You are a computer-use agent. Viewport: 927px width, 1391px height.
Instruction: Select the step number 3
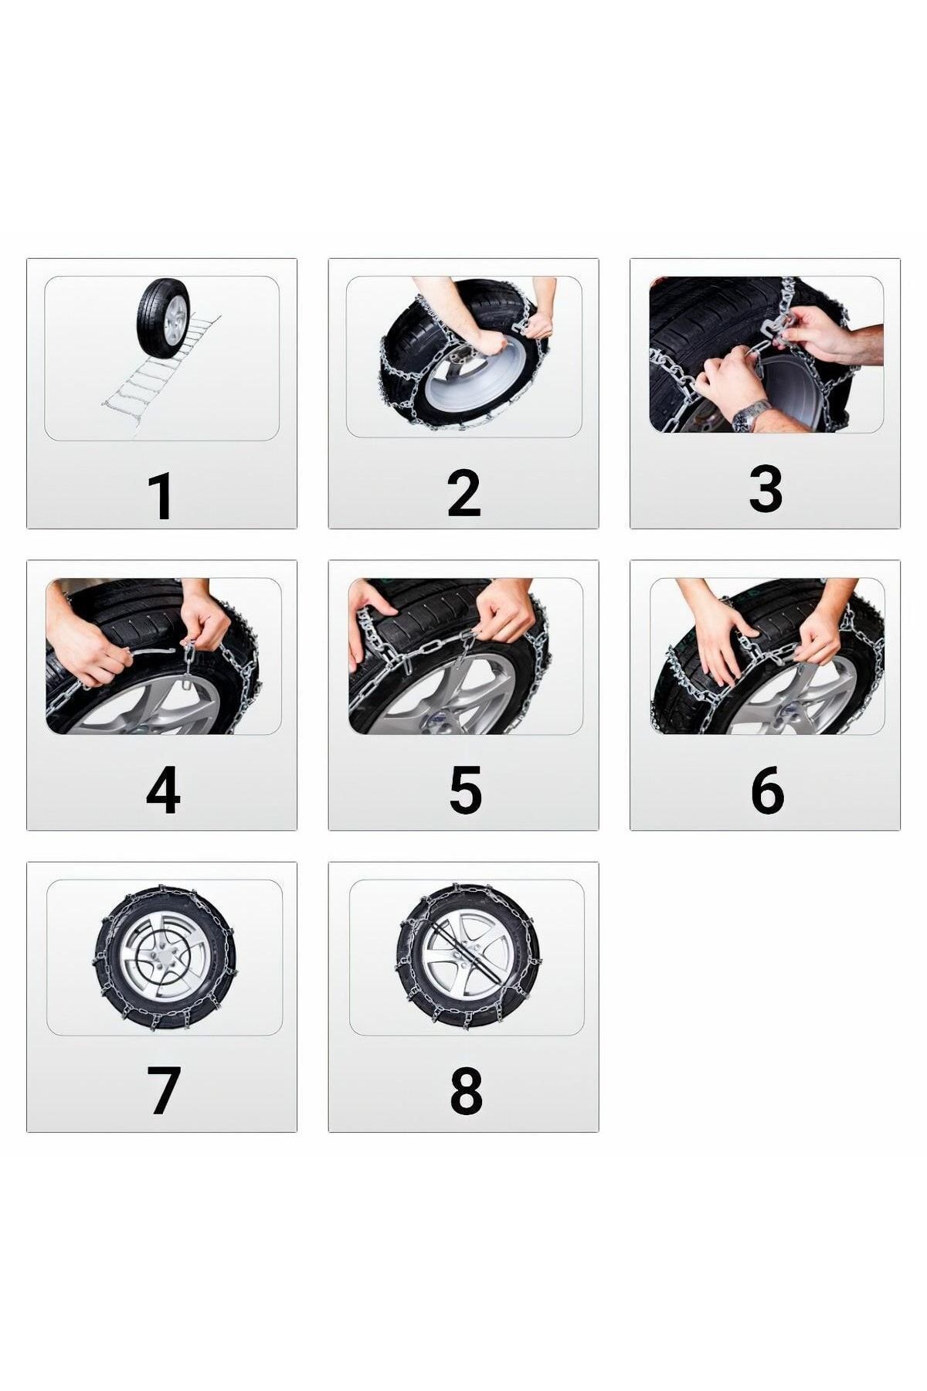[x=765, y=488]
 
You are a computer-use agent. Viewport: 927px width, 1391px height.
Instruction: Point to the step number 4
[x=162, y=790]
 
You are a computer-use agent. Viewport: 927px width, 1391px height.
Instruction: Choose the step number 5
[x=464, y=790]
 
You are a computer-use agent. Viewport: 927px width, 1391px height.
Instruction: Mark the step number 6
[x=766, y=790]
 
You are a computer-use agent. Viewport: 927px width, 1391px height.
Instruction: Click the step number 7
[x=163, y=1090]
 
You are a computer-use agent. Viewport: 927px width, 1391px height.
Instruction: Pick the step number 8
[x=465, y=1090]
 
